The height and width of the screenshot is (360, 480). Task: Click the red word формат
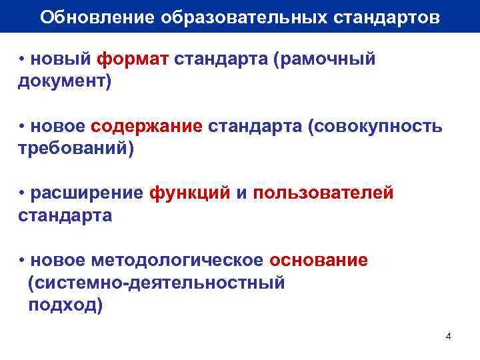133,60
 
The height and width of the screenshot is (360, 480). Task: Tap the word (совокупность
374,127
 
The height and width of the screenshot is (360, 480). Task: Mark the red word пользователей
323,193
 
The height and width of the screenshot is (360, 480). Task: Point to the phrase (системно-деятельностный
157,283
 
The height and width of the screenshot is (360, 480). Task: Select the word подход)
65,305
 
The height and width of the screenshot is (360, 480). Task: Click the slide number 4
448,335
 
